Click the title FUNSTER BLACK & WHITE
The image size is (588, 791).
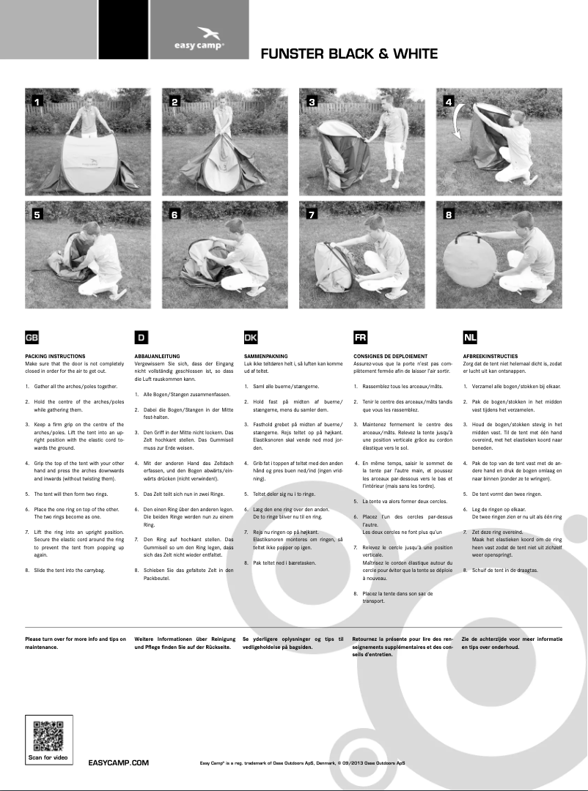point(349,54)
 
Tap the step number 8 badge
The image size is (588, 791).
point(449,215)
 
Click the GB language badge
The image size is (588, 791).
point(32,338)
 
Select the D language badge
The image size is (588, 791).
point(141,338)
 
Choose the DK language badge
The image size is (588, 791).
point(250,338)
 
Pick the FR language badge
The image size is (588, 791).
point(360,338)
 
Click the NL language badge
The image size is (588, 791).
point(469,338)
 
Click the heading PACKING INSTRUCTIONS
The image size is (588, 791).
point(55,356)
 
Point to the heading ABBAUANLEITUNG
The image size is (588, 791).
point(159,356)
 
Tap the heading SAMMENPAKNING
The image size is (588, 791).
point(265,356)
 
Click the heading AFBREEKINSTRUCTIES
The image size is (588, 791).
point(490,356)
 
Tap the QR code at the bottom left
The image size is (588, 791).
point(49,735)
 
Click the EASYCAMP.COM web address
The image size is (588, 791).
point(119,762)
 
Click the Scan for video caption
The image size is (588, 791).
point(49,756)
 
